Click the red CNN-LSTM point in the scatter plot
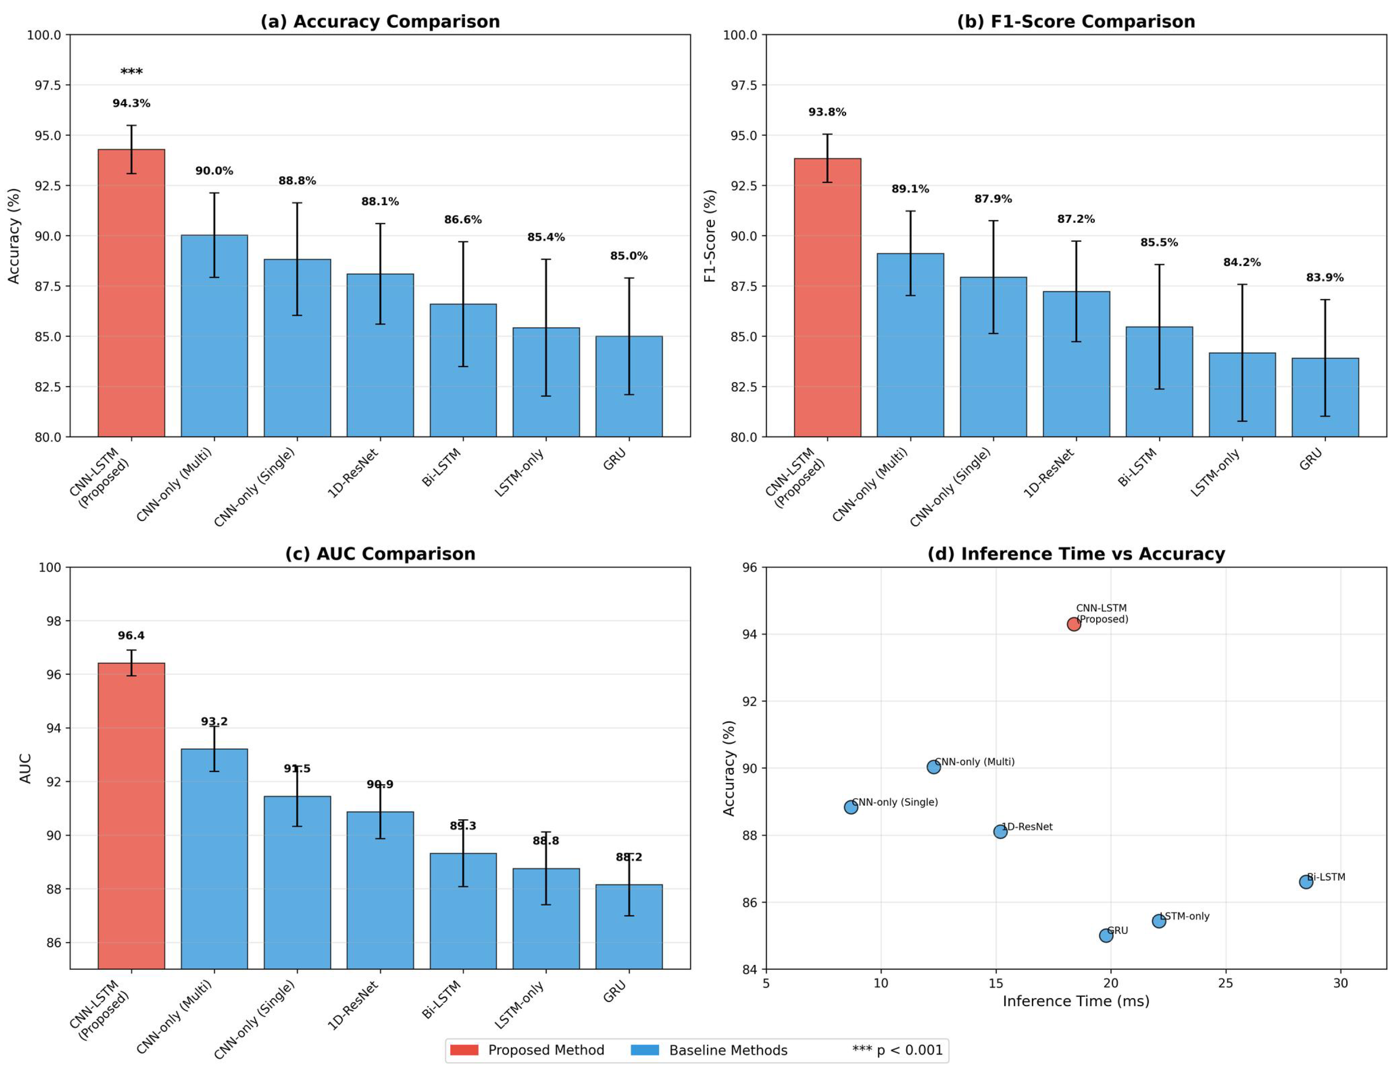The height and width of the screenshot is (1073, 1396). tap(1074, 624)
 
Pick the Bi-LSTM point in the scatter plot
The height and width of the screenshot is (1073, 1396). tap(1306, 882)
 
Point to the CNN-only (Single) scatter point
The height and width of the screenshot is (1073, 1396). tap(851, 807)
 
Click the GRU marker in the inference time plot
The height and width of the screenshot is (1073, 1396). tap(1106, 935)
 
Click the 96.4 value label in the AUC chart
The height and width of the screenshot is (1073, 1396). tap(131, 635)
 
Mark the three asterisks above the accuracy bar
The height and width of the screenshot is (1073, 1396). tap(131, 72)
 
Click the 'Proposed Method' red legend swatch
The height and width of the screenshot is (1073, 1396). tap(464, 1050)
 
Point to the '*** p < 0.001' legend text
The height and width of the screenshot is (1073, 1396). tap(897, 1050)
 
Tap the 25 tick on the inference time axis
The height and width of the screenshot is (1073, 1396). tap(1225, 983)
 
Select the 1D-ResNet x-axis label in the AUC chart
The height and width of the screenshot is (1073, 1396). tap(353, 1005)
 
